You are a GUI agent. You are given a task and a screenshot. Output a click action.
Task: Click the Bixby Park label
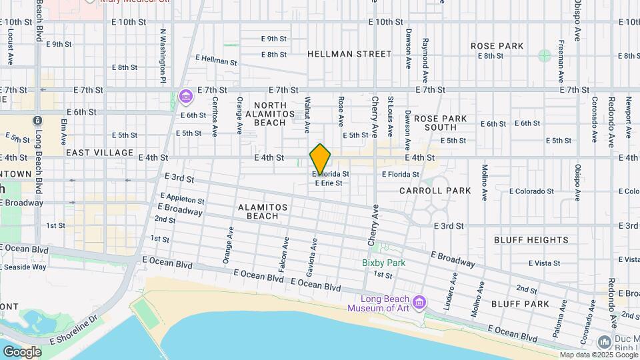point(383,263)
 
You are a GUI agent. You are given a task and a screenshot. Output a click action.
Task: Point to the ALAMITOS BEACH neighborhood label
point(263,211)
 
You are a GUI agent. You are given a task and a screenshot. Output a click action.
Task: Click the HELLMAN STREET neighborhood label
point(349,54)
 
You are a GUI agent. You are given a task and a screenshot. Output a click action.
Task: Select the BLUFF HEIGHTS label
point(531,240)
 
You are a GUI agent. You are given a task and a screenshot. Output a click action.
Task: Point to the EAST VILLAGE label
point(100,153)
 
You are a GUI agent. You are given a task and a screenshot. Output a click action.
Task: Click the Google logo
point(21,351)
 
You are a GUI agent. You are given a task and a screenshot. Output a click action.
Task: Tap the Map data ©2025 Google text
point(599,355)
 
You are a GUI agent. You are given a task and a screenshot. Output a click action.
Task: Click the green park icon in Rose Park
point(545,55)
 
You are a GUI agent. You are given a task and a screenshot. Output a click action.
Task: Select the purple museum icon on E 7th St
point(185,98)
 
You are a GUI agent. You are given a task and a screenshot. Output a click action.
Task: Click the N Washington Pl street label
point(163,56)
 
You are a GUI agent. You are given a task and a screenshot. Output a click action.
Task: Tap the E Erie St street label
point(329,183)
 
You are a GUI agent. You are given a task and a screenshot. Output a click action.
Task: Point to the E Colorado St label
point(531,191)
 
